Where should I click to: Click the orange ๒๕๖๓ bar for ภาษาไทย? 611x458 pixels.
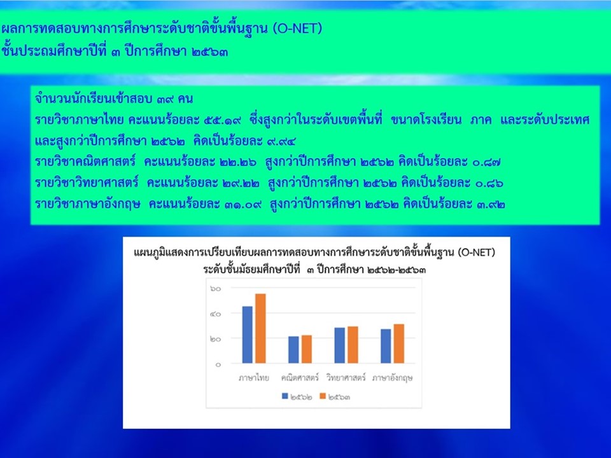click(260, 328)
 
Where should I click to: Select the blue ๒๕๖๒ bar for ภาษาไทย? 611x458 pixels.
click(248, 335)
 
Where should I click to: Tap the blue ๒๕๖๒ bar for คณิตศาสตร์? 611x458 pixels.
click(293, 350)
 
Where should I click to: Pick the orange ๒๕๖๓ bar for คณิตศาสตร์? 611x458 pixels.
click(307, 349)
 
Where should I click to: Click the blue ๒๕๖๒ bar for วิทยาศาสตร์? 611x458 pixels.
click(340, 345)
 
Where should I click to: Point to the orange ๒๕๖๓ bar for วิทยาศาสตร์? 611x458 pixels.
click(353, 345)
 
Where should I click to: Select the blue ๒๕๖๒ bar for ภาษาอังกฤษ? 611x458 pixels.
click(386, 346)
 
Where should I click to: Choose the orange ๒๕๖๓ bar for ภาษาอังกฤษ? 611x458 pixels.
click(398, 343)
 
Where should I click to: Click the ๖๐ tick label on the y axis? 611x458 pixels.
click(216, 289)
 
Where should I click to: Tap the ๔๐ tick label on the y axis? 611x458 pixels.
click(216, 314)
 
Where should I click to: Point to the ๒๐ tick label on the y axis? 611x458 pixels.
click(216, 339)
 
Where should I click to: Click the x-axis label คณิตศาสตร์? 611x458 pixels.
click(300, 377)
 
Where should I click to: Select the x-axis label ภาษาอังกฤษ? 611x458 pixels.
click(392, 378)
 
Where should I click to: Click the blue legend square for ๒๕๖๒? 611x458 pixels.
click(285, 396)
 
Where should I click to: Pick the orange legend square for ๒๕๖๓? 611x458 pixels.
click(323, 396)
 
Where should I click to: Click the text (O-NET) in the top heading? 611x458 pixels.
click(297, 29)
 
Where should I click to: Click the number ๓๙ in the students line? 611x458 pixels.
click(165, 99)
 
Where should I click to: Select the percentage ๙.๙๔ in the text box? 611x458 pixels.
click(281, 141)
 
